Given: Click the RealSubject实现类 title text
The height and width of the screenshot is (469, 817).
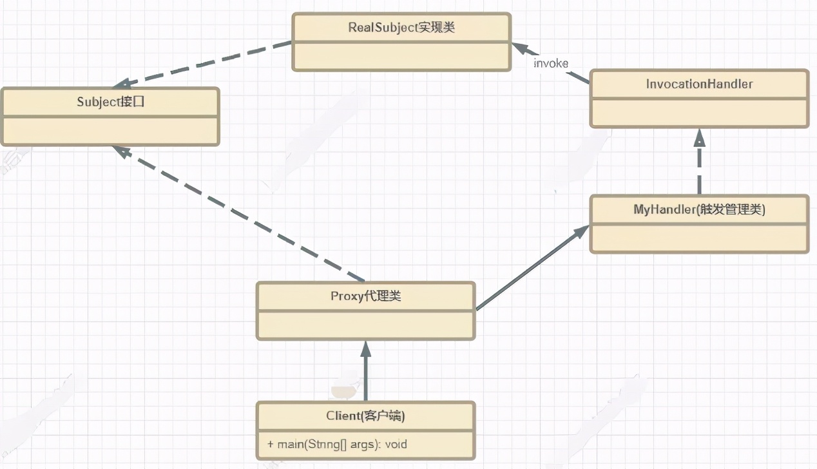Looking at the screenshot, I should coord(401,28).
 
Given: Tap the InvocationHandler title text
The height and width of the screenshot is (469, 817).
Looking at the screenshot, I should coord(698,84).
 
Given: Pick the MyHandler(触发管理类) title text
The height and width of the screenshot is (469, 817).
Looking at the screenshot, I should coord(698,209).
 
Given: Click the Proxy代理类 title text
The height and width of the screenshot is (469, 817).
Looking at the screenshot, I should coord(365,296).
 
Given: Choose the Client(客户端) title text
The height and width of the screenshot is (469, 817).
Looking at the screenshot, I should coord(365,416).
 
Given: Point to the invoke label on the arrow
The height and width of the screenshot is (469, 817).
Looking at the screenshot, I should coord(551,62).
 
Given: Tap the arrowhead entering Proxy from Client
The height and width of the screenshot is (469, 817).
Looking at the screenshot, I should coord(366,349).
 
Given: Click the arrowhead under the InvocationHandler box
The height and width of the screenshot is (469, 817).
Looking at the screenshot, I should coord(699,137).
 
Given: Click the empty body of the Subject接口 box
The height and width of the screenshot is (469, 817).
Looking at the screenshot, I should coord(110,131).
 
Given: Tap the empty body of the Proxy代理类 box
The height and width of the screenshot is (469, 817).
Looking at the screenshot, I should coord(365,325).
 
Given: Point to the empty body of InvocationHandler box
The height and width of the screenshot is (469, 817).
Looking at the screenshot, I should coord(698,113).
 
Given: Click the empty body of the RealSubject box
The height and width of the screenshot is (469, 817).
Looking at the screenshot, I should coord(401,57).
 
